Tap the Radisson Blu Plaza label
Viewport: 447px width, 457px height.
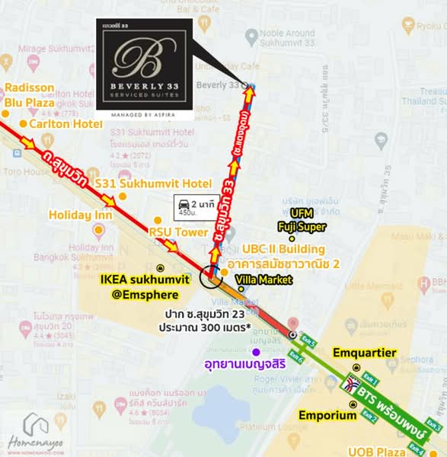point(30,95)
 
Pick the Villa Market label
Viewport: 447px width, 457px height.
point(264,280)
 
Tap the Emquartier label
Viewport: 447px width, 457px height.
point(364,353)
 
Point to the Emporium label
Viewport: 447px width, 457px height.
point(327,416)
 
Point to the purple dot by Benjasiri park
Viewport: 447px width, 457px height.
point(257,352)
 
